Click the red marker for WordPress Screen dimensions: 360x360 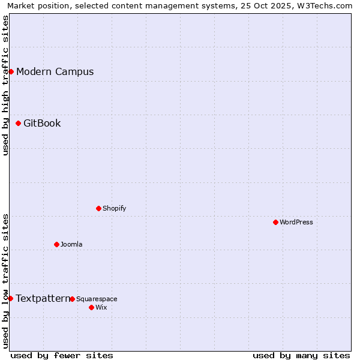tap(275, 222)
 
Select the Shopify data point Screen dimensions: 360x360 tap(98, 208)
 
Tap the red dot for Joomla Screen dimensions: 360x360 tap(56, 244)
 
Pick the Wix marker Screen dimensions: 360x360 tap(91, 307)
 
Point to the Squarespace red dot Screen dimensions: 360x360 tap(72, 299)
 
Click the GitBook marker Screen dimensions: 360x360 tap(18, 123)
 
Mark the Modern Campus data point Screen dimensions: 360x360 tap(11, 71)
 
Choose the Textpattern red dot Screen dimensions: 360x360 tap(10, 298)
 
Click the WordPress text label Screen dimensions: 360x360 tap(296, 222)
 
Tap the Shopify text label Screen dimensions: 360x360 tap(114, 208)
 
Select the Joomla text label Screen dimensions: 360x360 tap(71, 244)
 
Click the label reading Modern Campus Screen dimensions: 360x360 tap(55, 71)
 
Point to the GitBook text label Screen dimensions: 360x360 tap(42, 123)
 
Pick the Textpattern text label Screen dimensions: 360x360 tap(43, 298)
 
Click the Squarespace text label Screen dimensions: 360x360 tap(97, 299)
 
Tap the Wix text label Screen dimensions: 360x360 tap(101, 307)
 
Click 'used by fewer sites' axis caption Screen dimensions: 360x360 tap(62, 355)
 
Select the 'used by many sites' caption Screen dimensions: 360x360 tap(301, 355)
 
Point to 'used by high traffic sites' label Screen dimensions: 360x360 tap(6, 85)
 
